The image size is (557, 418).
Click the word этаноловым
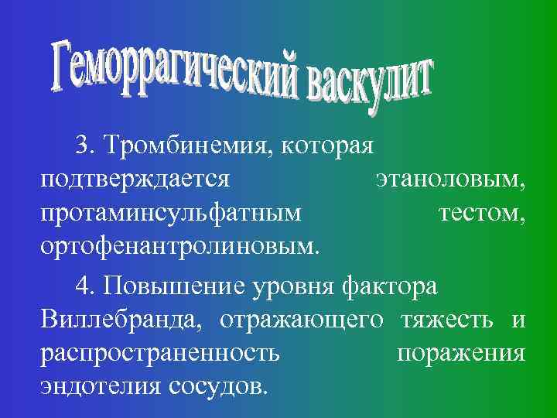pyautogui.click(x=451, y=180)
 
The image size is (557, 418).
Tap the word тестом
pyautogui.click(x=483, y=214)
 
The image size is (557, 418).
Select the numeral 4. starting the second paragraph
pyautogui.click(x=86, y=286)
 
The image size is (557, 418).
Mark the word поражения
pyautogui.click(x=461, y=354)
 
